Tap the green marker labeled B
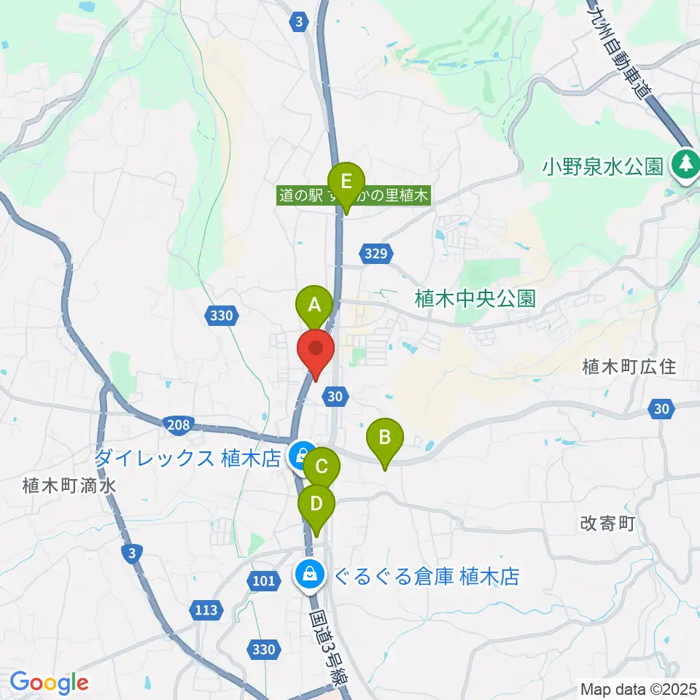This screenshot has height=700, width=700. pos(385,438)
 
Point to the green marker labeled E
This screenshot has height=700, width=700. pos(346,180)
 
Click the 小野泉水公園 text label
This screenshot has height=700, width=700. pos(602,167)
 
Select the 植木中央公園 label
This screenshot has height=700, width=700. pos(475,297)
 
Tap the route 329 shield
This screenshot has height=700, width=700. pos(376,253)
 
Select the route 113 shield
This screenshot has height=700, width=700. pos(206,610)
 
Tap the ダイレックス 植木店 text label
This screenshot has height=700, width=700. pos(187,459)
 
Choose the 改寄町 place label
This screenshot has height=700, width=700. pos(609,523)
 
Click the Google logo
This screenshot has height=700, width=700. pos(49,682)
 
